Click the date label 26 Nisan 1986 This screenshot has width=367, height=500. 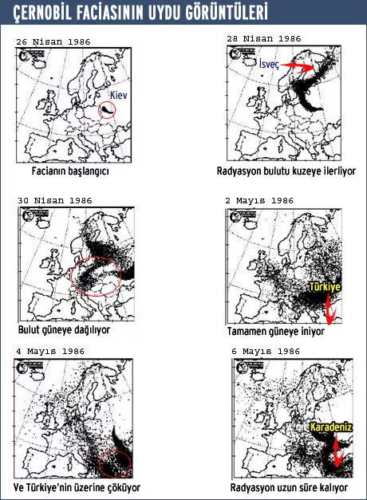(53, 41)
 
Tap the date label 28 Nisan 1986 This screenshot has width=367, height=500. (264, 38)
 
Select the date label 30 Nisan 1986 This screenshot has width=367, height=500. (55, 201)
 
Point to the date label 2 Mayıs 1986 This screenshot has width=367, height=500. (259, 201)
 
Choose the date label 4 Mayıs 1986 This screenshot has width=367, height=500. (50, 352)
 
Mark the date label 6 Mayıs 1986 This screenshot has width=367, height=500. (266, 352)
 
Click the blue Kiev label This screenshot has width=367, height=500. (118, 95)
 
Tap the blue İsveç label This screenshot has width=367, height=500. (269, 64)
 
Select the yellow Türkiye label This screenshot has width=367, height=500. (325, 286)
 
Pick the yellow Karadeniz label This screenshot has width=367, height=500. (331, 427)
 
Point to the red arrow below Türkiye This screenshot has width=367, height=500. (329, 309)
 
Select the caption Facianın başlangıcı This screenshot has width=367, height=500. (70, 171)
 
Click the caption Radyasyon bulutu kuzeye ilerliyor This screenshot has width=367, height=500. (286, 171)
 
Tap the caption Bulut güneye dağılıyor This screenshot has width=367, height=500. (64, 329)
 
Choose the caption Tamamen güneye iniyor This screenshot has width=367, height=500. (276, 331)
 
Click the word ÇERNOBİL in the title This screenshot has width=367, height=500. (43, 13)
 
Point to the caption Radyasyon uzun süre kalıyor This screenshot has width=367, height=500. (289, 488)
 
